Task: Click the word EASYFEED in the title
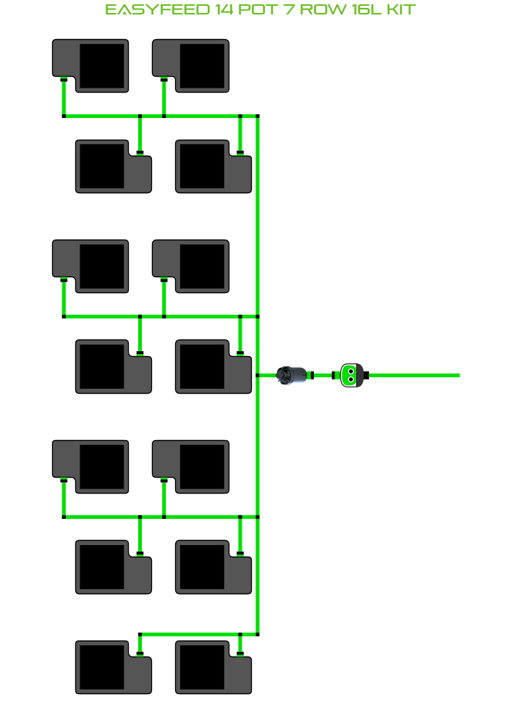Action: click(158, 9)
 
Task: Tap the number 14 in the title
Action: click(224, 9)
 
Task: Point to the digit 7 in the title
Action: click(289, 9)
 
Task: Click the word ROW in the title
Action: click(323, 9)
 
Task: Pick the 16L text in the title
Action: click(366, 9)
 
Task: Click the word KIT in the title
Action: click(401, 9)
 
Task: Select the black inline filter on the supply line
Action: click(292, 376)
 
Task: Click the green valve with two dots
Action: click(352, 376)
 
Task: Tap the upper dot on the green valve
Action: click(351, 371)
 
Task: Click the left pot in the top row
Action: click(90, 66)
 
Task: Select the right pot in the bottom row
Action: click(213, 667)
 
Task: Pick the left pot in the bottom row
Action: click(114, 667)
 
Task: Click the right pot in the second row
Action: click(213, 166)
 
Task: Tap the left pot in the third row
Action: click(90, 266)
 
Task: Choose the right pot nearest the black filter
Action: click(213, 366)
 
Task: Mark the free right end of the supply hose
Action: click(459, 376)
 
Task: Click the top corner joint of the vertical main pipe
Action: click(258, 117)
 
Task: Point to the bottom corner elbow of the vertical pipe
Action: click(258, 634)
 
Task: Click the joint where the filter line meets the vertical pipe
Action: click(258, 376)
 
